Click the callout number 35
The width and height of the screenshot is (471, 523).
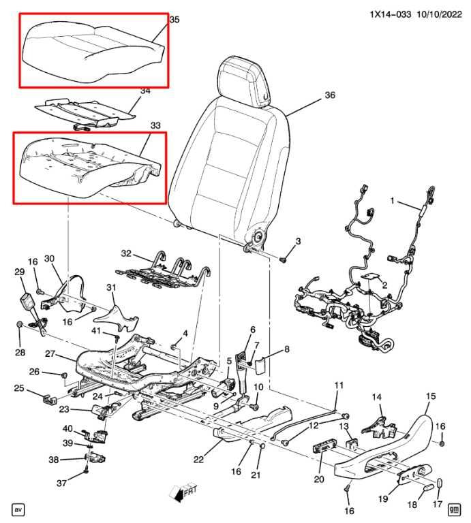coord(174,20)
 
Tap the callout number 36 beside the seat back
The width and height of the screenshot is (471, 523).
coord(330,95)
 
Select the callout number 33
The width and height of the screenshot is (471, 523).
coord(155,125)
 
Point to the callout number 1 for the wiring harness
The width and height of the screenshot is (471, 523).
coord(393,200)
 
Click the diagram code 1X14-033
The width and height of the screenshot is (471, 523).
coord(390,14)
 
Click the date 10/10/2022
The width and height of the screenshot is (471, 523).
coord(439,14)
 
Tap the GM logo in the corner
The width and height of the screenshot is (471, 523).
coord(455,509)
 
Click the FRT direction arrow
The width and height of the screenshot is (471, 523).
coord(183,493)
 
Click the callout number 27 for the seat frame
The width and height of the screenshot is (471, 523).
coord(50,353)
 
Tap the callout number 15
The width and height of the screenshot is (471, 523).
coord(431,396)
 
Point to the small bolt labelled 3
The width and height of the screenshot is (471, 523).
coord(284,259)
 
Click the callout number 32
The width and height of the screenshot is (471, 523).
coord(126,253)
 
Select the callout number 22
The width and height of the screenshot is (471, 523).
coord(198,460)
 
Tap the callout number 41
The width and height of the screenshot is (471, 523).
coord(96,331)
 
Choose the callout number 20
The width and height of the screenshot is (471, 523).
coord(319,479)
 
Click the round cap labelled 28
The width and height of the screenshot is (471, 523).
coord(20,324)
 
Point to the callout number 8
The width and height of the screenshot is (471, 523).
coord(287,349)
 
